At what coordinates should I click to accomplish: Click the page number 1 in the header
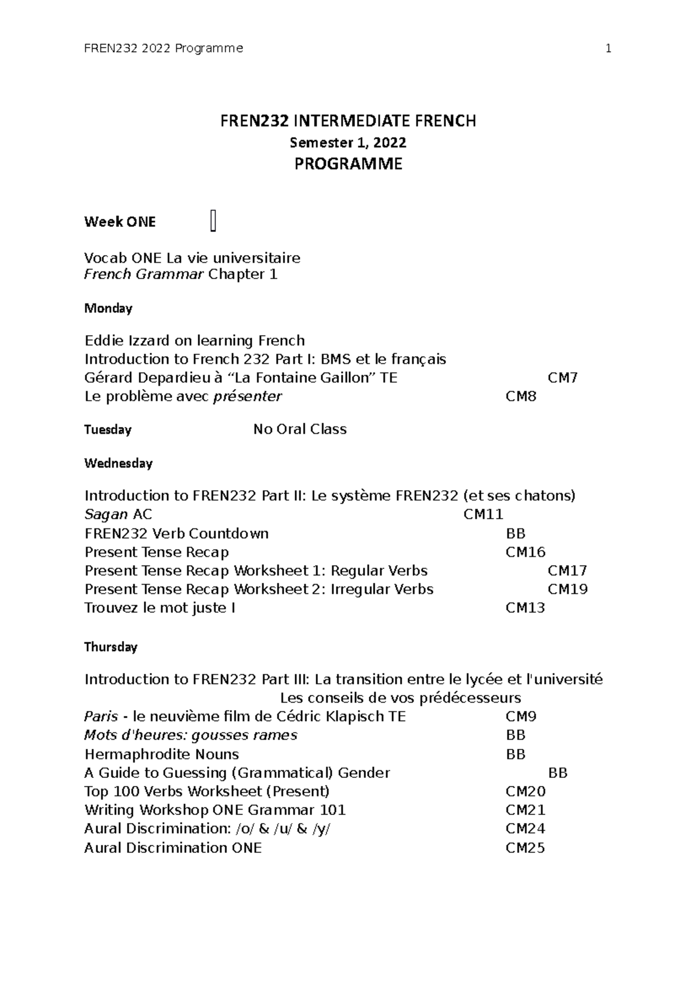click(x=608, y=49)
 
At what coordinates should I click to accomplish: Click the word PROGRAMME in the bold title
click(x=348, y=164)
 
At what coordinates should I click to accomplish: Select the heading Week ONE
click(x=120, y=222)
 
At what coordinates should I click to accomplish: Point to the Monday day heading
click(x=108, y=309)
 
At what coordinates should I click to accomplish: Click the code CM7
click(x=563, y=378)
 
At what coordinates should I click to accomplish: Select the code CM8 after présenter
click(x=521, y=397)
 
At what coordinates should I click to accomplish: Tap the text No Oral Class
click(x=300, y=429)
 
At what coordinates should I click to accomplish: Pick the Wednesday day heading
click(x=118, y=463)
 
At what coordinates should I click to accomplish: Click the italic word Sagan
click(x=106, y=515)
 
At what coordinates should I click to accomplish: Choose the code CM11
click(x=483, y=515)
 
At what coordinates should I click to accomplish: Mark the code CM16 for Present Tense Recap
click(x=525, y=552)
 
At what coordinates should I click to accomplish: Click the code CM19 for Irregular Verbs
click(x=567, y=589)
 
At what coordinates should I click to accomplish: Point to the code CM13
click(x=525, y=608)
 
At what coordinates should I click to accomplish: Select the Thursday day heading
click(x=111, y=647)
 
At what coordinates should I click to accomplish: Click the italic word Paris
click(x=101, y=717)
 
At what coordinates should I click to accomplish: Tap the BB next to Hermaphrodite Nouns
click(x=516, y=755)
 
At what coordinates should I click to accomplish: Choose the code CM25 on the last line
click(x=525, y=848)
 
